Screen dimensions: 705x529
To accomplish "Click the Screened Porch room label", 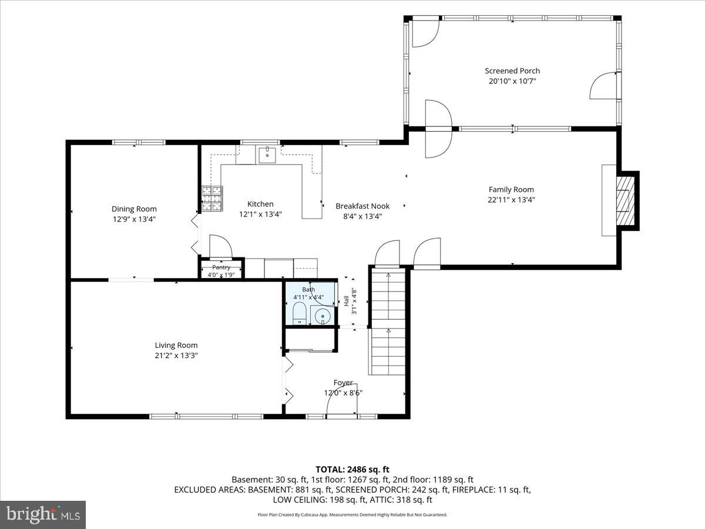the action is (x=512, y=71).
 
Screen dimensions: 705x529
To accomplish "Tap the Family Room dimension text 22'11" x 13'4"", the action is (x=511, y=200).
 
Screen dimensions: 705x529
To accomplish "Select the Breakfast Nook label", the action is (x=362, y=206).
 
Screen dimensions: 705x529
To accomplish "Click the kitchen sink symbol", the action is (x=267, y=155).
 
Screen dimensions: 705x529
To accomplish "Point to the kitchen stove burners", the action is (x=212, y=199).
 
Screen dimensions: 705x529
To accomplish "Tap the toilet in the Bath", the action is (x=300, y=313).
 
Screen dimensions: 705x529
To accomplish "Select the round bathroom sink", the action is (x=322, y=317).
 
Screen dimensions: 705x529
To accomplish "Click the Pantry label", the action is (x=221, y=267).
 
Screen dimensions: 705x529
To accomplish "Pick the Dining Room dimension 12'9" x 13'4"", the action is (x=134, y=219).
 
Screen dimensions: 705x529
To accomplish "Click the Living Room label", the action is (x=176, y=345).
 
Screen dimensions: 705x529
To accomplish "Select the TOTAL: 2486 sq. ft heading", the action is (x=352, y=470).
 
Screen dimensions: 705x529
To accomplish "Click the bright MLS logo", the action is (x=43, y=515).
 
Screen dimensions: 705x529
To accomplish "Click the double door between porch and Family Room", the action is (x=439, y=129).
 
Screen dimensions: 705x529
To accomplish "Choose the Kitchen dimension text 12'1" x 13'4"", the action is (x=260, y=214).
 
